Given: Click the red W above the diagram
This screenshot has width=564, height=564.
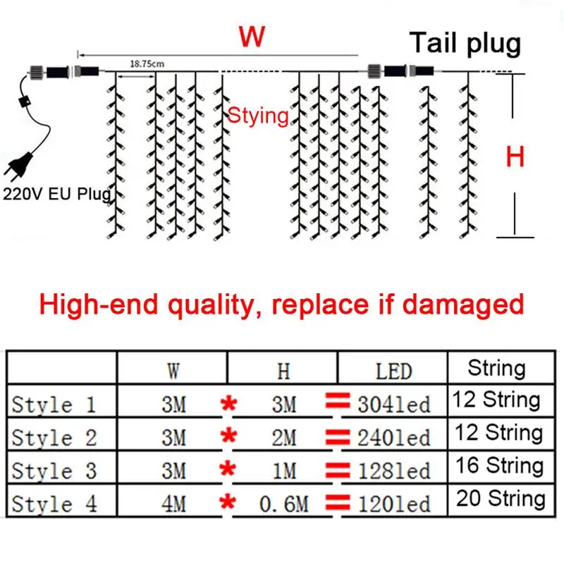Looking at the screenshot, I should tap(252, 37).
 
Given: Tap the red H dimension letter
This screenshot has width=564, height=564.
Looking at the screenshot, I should tap(515, 157).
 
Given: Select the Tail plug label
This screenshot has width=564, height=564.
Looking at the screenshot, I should tap(466, 44).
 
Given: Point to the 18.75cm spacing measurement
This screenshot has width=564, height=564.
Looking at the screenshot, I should tap(147, 64).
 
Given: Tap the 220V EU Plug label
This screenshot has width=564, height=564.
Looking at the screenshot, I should tap(56, 195).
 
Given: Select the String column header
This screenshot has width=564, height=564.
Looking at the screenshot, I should tap(496, 368).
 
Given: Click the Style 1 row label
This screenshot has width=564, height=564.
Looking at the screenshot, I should tap(54, 405).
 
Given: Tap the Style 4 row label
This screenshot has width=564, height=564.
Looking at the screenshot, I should tap(54, 504).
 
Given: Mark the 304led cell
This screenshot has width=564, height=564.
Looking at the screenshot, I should tap(393, 405).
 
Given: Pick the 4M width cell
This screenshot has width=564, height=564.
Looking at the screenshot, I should tap(173, 504).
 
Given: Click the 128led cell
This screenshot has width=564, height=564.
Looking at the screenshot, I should tap(393, 471).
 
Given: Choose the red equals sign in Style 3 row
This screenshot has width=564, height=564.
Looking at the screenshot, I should tap(338, 470).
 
